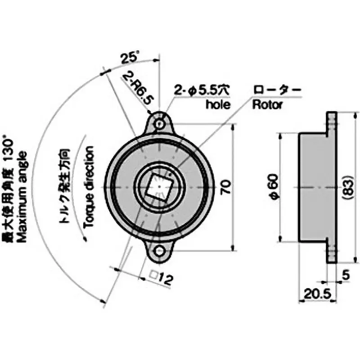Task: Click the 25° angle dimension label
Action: [x=130, y=57]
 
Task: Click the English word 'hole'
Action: [x=218, y=105]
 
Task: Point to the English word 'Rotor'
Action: [x=267, y=105]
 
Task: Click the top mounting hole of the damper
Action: [x=159, y=122]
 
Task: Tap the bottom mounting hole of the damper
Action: [x=159, y=251]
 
